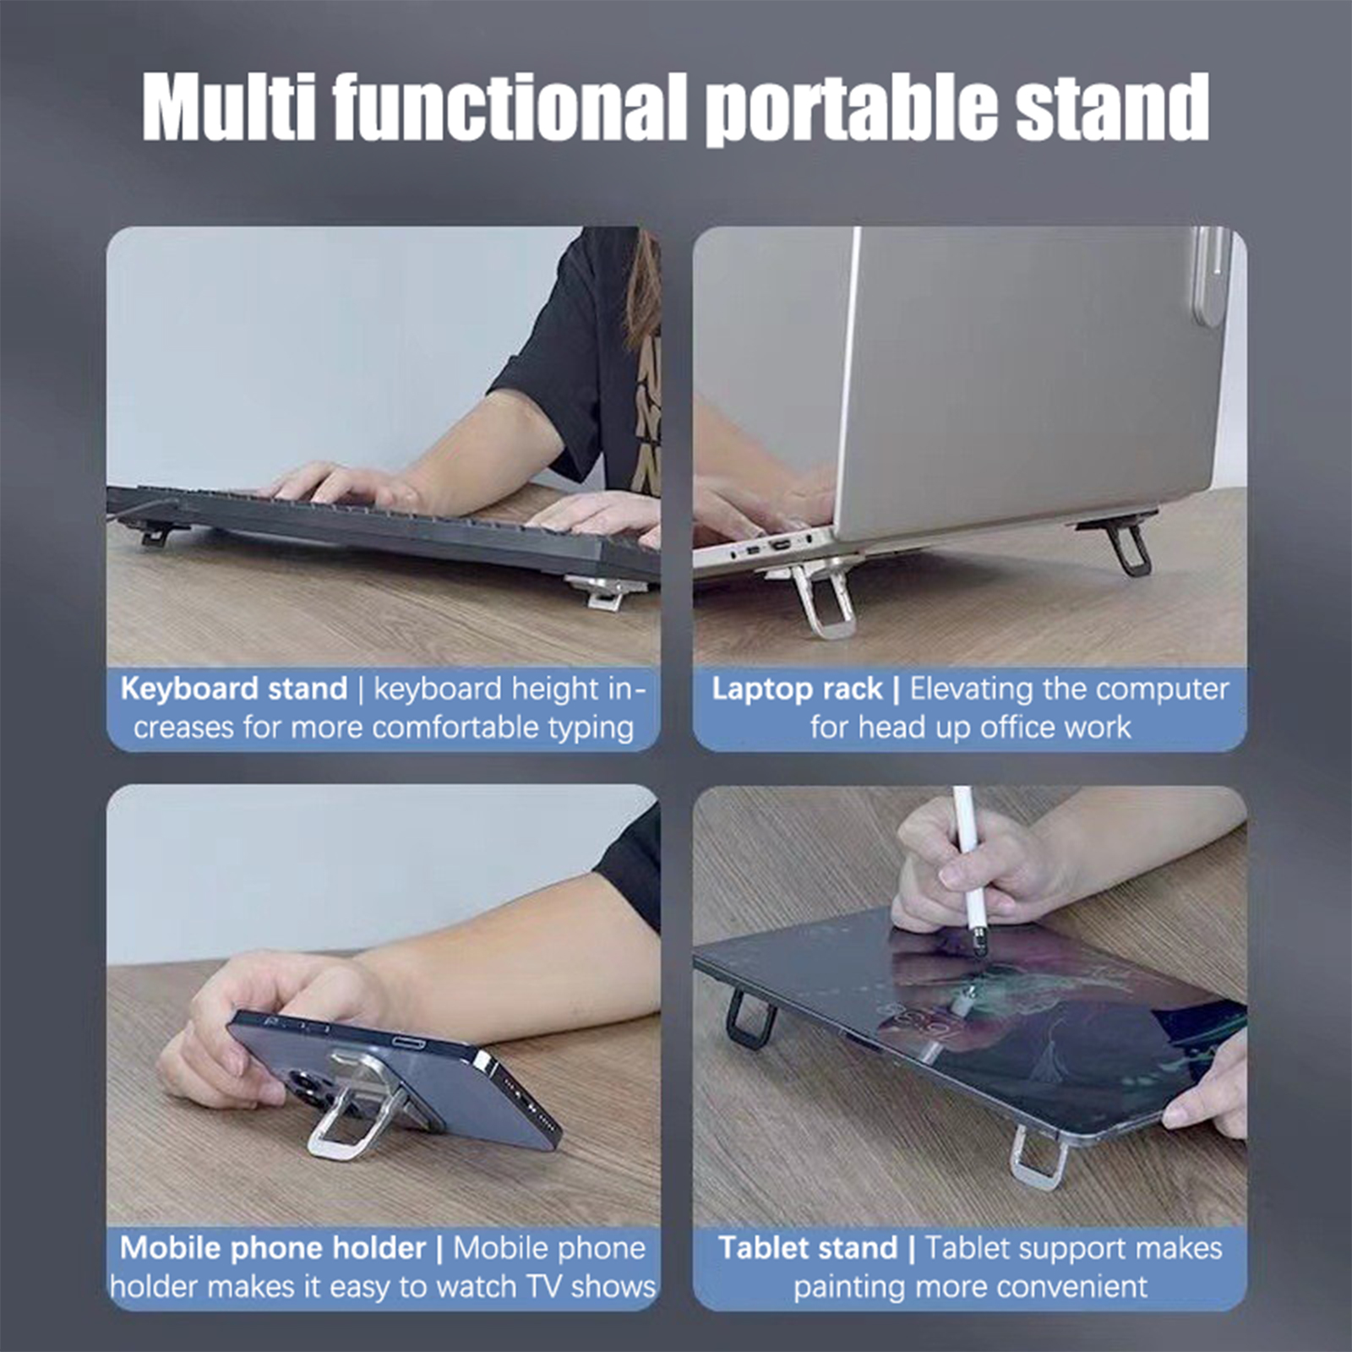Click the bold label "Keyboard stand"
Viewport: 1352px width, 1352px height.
(234, 690)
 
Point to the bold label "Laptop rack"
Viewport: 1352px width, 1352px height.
(797, 690)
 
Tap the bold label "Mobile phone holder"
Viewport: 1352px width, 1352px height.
(273, 1249)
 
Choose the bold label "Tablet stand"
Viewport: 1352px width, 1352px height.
(808, 1249)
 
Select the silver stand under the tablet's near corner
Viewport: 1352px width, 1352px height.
(1039, 1158)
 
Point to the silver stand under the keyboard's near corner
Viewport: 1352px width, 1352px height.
(605, 591)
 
